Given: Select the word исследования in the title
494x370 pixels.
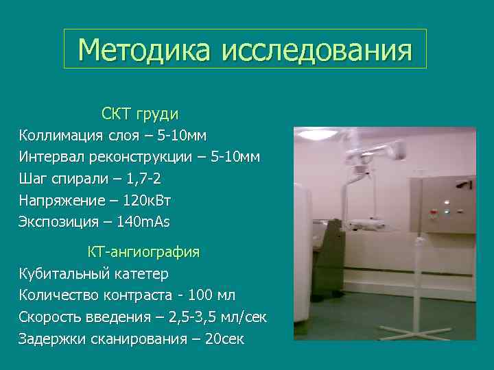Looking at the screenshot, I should (x=317, y=50).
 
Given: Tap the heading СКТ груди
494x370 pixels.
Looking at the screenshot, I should (x=140, y=112).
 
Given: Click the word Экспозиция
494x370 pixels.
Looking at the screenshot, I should (x=58, y=222).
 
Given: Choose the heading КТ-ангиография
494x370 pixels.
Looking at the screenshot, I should (x=143, y=252).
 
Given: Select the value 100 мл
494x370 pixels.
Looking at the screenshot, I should (x=208, y=295).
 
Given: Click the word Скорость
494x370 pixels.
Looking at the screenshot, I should (x=48, y=317).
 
